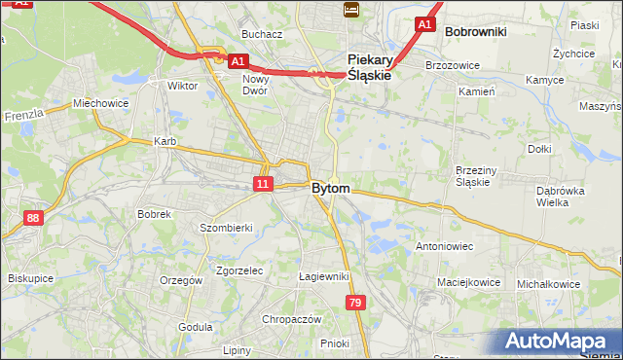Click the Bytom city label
331,188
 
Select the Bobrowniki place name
475,31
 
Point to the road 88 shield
34,218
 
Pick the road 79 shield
355,305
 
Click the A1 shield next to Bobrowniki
423,23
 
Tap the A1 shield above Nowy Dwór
238,60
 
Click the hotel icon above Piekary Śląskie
351,10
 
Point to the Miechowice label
100,103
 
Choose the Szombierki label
226,227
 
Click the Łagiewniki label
324,276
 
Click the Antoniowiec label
445,246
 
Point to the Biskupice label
30,278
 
